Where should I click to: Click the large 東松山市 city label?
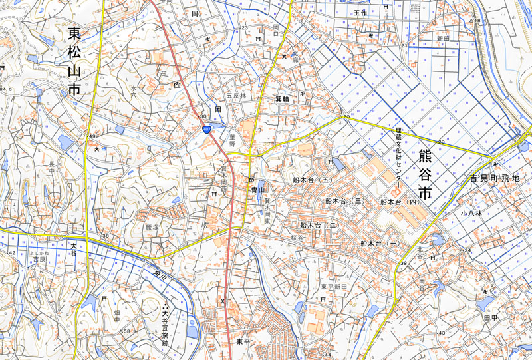pyautogui.click(x=74, y=59)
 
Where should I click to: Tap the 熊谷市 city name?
pyautogui.click(x=426, y=174)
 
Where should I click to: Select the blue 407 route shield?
pyautogui.click(x=207, y=129)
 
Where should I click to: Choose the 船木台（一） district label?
pyautogui.click(x=380, y=244)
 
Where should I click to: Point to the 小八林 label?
pyautogui.click(x=469, y=214)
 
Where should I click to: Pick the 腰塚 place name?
pyautogui.click(x=152, y=226)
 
